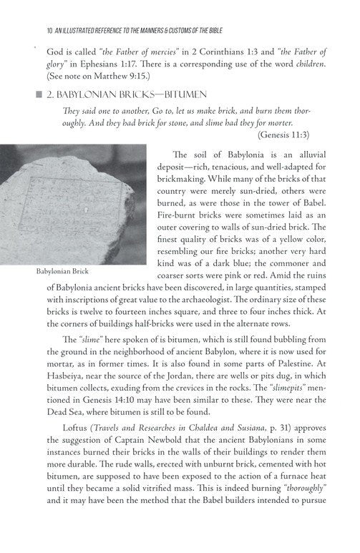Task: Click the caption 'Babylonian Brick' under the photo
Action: coord(64,273)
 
